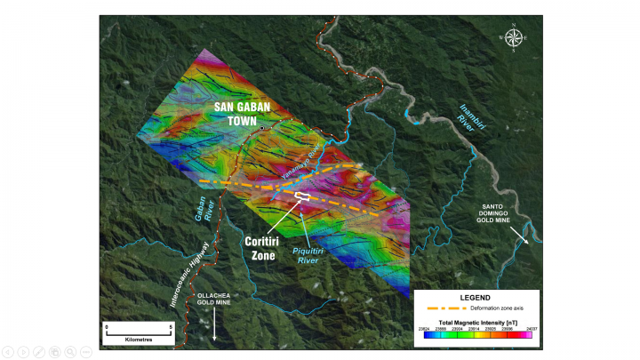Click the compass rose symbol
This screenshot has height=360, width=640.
pyautogui.click(x=513, y=37)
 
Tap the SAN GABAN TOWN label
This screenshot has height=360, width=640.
pyautogui.click(x=242, y=114)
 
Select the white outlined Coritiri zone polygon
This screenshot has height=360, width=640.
pyautogui.click(x=303, y=196)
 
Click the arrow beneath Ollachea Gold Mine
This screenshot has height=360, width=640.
pyautogui.click(x=215, y=330)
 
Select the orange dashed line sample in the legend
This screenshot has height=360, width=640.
pyautogui.click(x=445, y=308)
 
